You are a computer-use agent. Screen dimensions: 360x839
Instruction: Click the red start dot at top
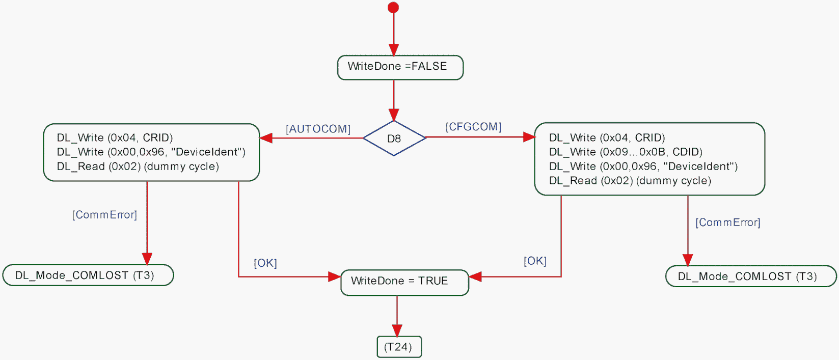393,8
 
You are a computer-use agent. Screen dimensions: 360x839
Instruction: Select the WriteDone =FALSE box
400,67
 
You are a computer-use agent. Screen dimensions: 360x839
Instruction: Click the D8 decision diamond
394,138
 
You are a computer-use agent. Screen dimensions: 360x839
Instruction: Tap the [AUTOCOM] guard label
318,129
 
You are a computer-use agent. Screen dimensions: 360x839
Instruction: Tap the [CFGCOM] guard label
473,127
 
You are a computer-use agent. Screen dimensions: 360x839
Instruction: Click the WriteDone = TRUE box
404,282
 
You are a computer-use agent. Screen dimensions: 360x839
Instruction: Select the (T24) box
399,347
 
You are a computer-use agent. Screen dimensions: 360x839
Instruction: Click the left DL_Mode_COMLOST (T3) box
88,275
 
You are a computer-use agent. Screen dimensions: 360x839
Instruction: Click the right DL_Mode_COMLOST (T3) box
750,276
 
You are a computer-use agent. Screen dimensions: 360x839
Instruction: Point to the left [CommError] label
104,215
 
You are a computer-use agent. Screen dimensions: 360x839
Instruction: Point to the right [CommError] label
727,223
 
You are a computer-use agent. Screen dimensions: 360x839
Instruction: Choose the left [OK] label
265,263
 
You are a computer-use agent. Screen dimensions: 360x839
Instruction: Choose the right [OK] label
535,261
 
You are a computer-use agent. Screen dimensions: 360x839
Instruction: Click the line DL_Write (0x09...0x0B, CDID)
626,152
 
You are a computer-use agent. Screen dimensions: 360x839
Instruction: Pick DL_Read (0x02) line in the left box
138,167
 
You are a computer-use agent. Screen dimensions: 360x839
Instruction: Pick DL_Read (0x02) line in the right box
630,181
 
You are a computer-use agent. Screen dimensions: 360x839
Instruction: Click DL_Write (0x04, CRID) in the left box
115,137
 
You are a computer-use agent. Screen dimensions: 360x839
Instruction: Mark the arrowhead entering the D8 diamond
394,115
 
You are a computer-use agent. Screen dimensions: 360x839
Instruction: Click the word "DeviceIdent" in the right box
700,167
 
